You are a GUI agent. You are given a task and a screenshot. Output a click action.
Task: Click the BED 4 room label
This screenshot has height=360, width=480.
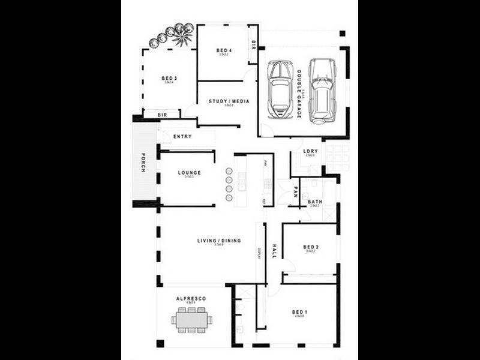tap(224, 50)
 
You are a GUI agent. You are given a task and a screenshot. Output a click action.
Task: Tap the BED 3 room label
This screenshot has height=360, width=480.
tap(169, 78)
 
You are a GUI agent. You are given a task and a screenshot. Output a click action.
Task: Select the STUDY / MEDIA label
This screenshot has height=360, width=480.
tap(229, 101)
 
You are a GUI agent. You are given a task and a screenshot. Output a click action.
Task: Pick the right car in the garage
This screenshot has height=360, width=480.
tap(322, 91)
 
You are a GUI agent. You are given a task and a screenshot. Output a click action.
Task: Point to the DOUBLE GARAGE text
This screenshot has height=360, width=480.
tap(299, 94)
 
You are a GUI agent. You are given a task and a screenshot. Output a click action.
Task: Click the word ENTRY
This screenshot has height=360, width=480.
tap(182, 136)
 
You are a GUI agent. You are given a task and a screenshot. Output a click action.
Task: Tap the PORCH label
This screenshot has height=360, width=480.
tap(143, 163)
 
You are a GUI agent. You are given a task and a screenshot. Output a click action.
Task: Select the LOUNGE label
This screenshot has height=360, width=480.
tap(189, 173)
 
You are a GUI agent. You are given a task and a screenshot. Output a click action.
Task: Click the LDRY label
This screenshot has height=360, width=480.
tap(310, 151)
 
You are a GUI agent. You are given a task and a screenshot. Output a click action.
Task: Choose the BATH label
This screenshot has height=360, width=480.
tap(315, 202)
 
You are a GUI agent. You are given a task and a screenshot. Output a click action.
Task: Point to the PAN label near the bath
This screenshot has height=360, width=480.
tap(296, 193)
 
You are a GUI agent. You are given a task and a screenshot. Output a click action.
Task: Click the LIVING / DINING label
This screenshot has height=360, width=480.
tap(219, 241)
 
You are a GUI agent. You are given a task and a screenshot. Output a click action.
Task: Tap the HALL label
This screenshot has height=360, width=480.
tap(274, 250)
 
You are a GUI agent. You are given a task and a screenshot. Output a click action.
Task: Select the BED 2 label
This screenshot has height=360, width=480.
tap(310, 247)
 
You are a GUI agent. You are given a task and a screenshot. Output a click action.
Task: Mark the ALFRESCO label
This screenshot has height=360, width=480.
tap(191, 298)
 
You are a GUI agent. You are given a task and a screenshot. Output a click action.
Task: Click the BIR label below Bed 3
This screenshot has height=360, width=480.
tap(162, 115)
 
